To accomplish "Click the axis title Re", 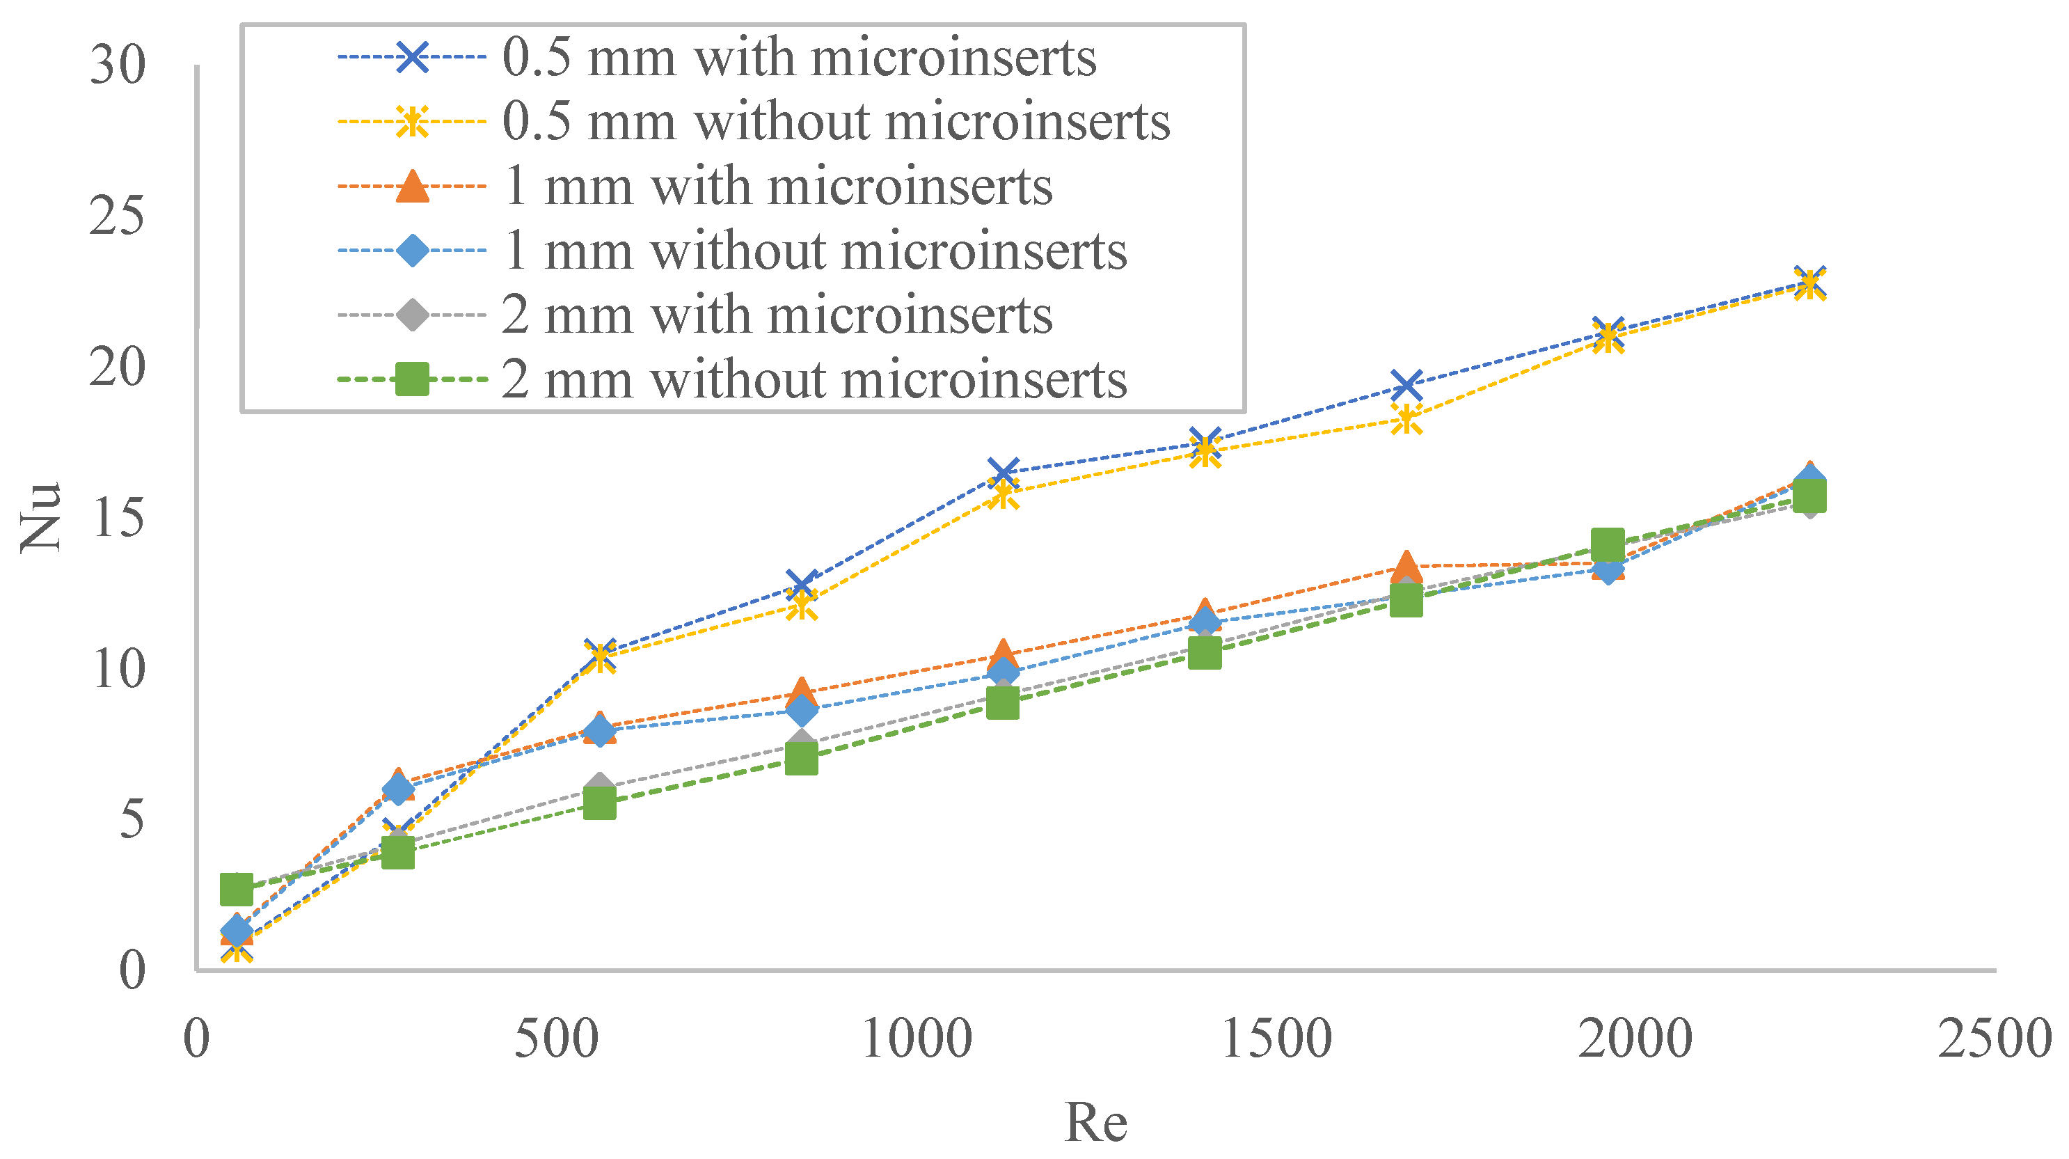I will tap(1095, 1123).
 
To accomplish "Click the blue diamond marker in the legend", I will tap(412, 251).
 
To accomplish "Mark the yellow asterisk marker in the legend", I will tap(412, 122).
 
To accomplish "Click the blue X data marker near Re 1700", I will tap(1406, 386).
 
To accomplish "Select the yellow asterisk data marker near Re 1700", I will tap(1406, 418).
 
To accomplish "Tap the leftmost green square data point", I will tap(237, 890).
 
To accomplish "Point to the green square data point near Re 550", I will tap(599, 803).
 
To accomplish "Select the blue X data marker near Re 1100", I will tap(1003, 471).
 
